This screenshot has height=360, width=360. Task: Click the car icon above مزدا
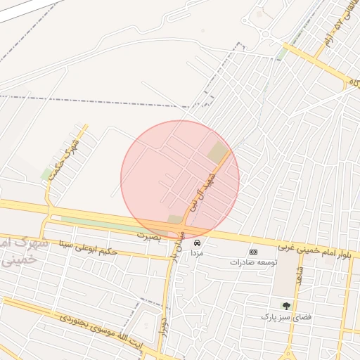196,242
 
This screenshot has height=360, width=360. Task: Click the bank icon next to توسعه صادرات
253,252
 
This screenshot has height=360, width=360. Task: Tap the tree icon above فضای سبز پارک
285,305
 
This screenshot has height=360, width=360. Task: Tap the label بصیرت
149,234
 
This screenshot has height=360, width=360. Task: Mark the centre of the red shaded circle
180,179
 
